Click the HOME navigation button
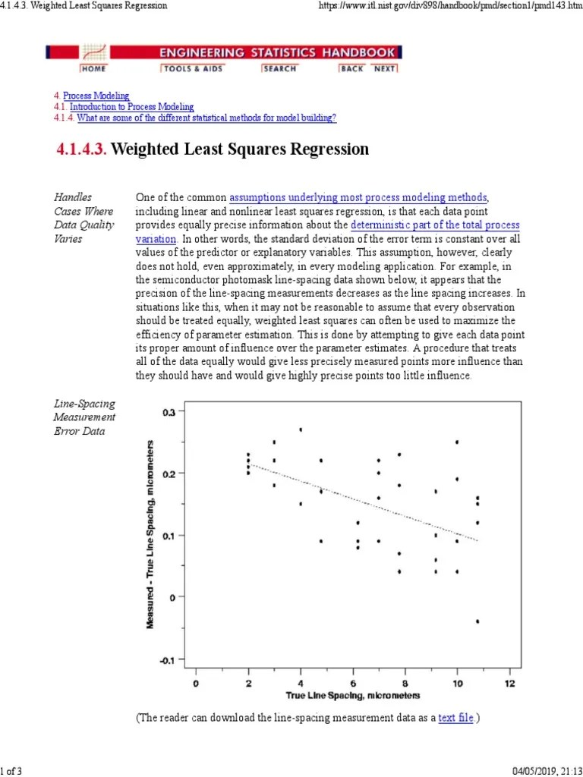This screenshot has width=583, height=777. [93, 68]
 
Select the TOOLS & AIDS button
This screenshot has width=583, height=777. [186, 68]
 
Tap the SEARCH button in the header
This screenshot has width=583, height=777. [279, 68]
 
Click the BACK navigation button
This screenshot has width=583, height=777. [351, 68]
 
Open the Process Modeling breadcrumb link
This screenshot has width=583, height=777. [96, 96]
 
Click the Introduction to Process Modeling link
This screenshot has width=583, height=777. [131, 107]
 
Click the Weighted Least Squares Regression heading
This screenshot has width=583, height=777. [240, 149]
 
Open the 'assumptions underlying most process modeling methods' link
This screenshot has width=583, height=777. [358, 197]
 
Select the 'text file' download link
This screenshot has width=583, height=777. [455, 717]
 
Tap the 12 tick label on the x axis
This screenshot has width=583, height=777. [509, 682]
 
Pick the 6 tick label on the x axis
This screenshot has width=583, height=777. [352, 682]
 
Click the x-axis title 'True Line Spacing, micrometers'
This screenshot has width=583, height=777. [352, 696]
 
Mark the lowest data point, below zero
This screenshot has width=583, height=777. [477, 621]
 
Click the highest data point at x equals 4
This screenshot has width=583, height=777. [301, 429]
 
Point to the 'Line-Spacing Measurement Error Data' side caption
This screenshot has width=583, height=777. [84, 417]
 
